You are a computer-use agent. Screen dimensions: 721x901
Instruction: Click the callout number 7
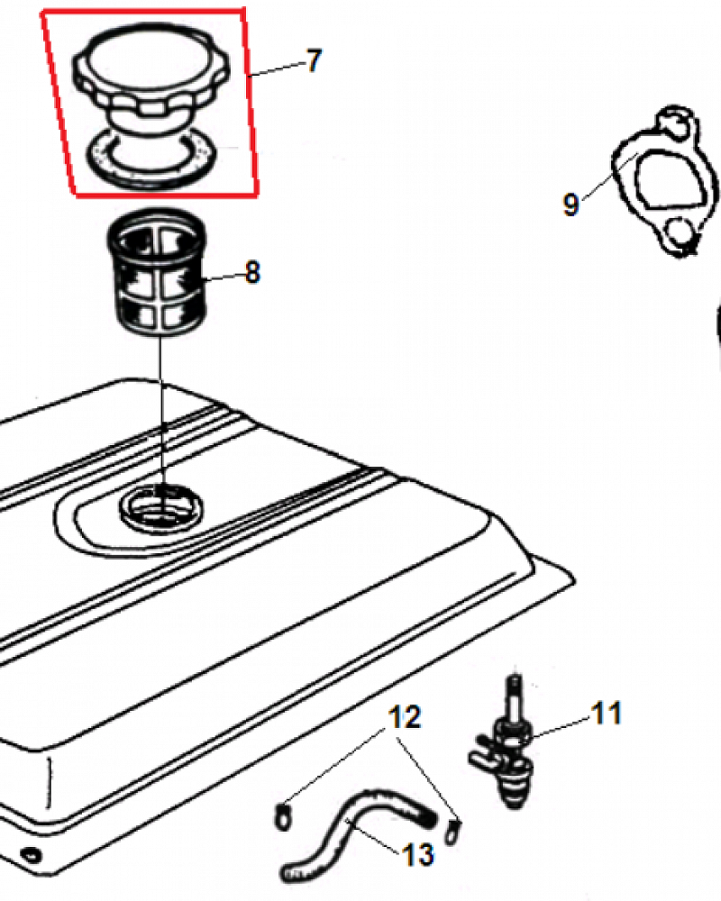point(314,61)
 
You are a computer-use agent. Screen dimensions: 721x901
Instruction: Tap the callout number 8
point(252,272)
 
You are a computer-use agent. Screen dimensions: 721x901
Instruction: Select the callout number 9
point(570,204)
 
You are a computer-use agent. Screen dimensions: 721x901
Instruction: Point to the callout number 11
point(607,713)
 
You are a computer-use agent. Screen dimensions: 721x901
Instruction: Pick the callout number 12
point(405,717)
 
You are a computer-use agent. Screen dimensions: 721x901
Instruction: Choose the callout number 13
point(418,854)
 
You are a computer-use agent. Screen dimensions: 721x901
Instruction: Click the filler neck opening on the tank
point(161,505)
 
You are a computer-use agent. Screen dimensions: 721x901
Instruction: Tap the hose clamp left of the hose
point(282,817)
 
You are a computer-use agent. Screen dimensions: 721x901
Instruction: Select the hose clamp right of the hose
point(453,832)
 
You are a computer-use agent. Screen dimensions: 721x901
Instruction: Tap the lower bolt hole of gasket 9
point(681,231)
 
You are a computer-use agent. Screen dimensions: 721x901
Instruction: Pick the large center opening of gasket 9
point(670,178)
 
